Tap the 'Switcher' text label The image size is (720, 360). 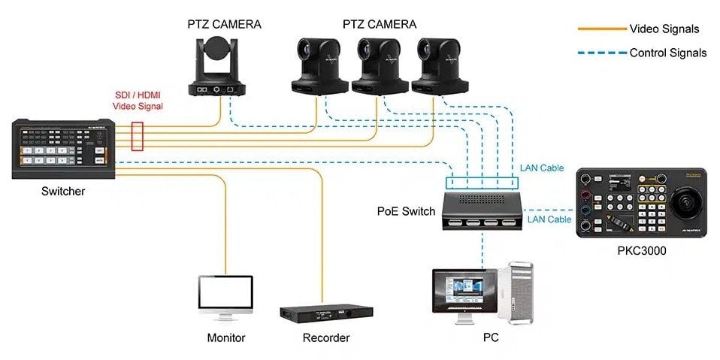coord(63,192)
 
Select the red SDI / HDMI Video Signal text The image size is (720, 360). coord(138,101)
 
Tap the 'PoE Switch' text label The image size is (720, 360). coord(406,211)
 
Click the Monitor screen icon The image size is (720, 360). coord(225,295)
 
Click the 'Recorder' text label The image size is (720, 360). coord(325,338)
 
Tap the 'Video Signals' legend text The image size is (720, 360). coord(664,29)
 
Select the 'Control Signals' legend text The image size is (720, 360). coord(667,53)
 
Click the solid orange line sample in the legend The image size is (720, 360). coord(601,29)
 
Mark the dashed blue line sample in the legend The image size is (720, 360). coord(601,53)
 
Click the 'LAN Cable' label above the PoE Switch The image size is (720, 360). coord(542,168)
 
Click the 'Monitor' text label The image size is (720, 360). coord(226,338)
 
